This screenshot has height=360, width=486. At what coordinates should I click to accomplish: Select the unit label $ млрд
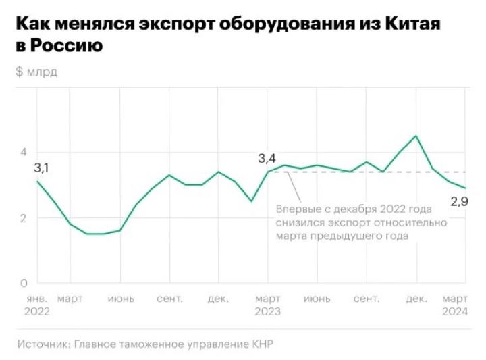coord(36,72)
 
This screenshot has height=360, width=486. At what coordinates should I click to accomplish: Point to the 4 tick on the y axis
coord(22,152)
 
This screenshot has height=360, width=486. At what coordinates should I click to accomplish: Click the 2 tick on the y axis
coord(22,218)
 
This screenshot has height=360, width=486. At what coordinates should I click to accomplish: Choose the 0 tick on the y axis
coord(22,283)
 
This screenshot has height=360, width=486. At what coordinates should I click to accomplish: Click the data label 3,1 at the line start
coord(42,167)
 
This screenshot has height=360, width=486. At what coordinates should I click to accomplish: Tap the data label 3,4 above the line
coord(267,159)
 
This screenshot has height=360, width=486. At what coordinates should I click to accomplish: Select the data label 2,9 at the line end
coord(459,201)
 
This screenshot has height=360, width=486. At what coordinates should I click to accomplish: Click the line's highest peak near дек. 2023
coord(416,136)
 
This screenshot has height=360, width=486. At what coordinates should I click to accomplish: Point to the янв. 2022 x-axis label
coord(37,305)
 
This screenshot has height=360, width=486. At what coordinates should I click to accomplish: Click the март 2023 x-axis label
coord(268,305)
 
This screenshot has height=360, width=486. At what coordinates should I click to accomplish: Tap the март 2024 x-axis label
coord(455,305)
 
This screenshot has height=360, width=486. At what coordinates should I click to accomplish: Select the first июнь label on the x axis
coord(121,298)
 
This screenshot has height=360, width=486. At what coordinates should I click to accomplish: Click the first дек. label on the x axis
coord(218,298)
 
